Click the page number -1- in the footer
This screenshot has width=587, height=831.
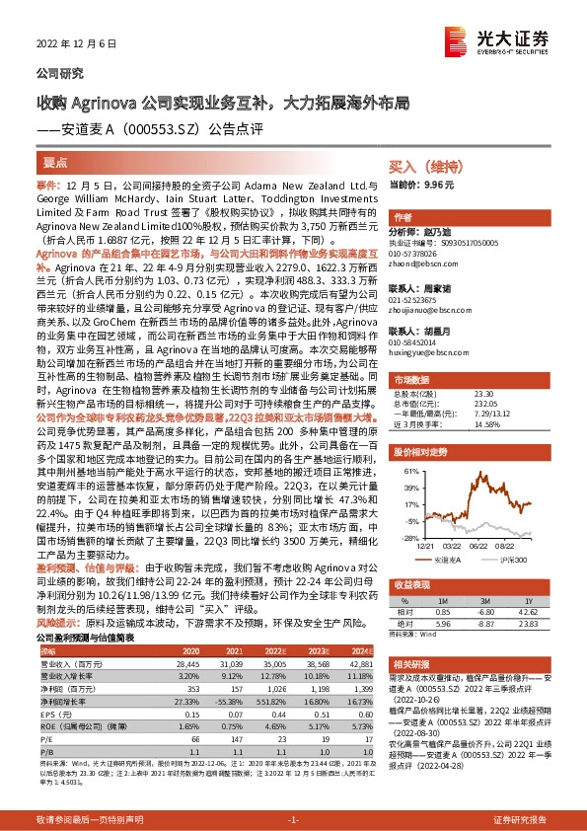292,820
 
